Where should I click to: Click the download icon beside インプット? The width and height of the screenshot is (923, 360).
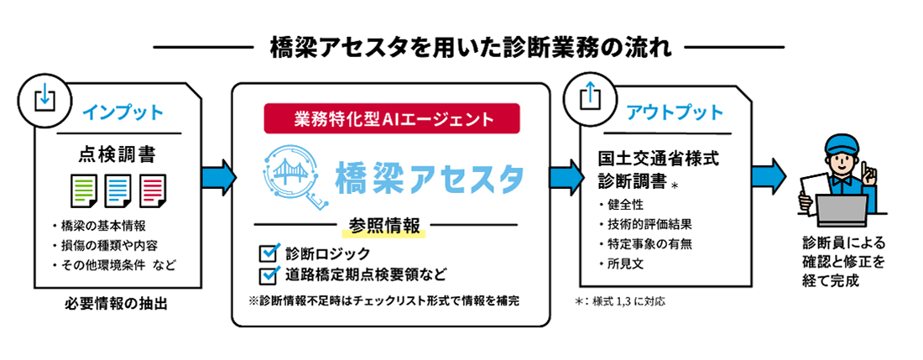(41, 97)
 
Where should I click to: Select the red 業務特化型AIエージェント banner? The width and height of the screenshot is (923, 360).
(391, 118)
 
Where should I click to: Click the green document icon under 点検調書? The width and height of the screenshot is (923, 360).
(82, 190)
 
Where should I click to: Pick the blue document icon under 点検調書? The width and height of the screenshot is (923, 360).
(117, 190)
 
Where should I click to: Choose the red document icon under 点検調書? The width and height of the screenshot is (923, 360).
(152, 190)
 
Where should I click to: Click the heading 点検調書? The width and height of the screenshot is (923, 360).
(117, 155)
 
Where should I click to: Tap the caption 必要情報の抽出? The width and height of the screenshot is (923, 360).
(117, 303)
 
